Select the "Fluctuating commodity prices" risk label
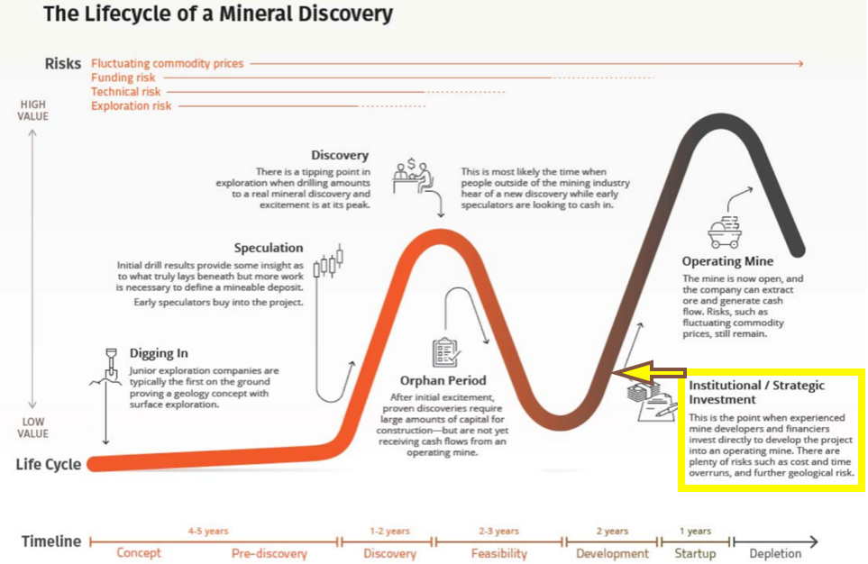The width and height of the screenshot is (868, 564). coord(167,64)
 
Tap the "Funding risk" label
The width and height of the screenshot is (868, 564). coord(123,78)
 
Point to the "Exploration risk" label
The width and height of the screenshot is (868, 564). coord(131,106)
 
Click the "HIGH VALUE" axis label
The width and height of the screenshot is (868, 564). coord(33,111)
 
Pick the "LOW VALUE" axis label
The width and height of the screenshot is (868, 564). coord(33,428)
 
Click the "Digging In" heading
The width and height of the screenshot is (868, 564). coord(159,354)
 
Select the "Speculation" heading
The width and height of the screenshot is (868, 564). coord(269,249)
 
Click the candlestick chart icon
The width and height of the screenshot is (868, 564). coord(329,262)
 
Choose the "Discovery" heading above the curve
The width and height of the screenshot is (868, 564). coord(340,156)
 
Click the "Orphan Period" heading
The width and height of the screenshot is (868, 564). coord(443,381)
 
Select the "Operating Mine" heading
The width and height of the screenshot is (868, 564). coord(727,262)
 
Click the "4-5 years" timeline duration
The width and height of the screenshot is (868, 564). coord(208,532)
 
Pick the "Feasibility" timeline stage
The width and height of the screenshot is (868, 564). coord(499,553)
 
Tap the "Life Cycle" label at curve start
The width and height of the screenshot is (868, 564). coord(48,465)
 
